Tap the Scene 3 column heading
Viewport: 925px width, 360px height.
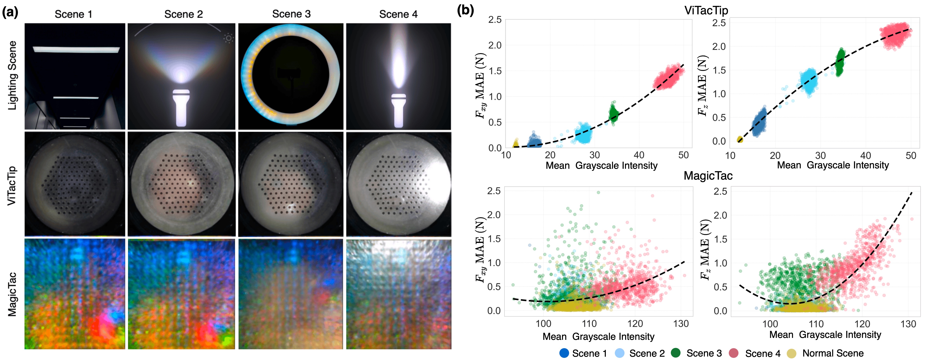point(291,14)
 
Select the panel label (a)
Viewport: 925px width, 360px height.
point(10,13)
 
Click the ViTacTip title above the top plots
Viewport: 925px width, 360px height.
point(706,10)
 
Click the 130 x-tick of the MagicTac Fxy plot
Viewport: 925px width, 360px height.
point(681,324)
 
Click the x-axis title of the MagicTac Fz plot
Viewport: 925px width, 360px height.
point(825,335)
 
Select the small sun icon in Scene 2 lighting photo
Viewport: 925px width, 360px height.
point(228,38)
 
